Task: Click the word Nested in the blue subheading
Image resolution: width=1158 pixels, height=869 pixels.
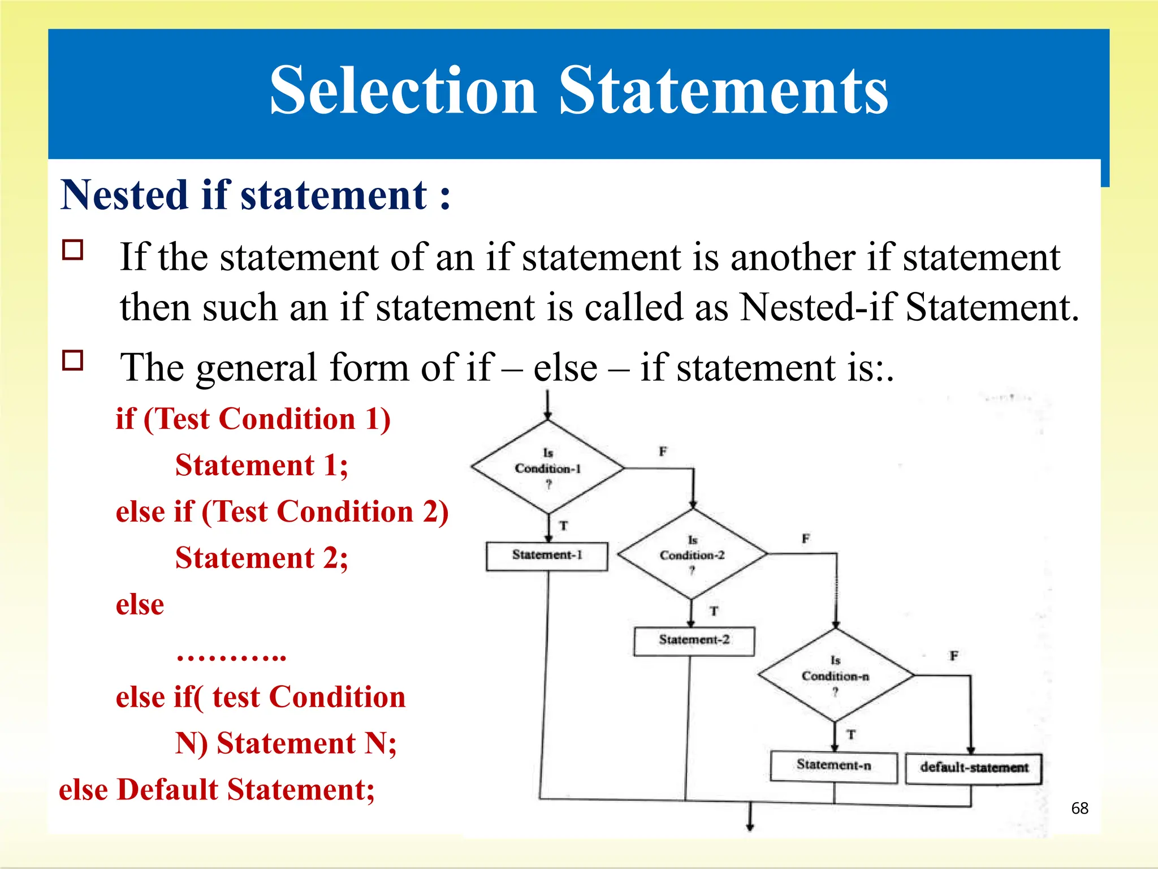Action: tap(124, 195)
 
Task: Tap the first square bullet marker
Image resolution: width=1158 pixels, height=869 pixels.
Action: tap(73, 249)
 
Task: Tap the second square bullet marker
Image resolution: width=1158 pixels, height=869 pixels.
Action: tap(73, 360)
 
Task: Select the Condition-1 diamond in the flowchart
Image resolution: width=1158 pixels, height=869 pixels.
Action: tap(547, 468)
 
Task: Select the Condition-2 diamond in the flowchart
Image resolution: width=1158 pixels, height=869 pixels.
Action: tap(692, 554)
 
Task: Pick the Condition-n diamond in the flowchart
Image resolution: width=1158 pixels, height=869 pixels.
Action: tap(835, 676)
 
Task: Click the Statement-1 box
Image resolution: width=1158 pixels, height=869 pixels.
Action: tap(547, 556)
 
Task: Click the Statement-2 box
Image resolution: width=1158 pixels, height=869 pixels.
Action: tap(694, 640)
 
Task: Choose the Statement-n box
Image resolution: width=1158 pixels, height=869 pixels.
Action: tap(833, 766)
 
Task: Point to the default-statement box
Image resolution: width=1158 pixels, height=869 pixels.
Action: tap(974, 768)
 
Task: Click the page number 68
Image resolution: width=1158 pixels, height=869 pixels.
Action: tap(1079, 808)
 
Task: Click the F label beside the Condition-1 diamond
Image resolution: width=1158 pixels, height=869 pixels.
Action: tap(663, 451)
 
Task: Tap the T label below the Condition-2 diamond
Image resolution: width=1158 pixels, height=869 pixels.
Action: tap(714, 611)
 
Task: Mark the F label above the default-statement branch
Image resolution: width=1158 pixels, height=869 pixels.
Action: tap(954, 656)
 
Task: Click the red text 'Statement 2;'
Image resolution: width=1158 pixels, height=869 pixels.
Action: tap(261, 558)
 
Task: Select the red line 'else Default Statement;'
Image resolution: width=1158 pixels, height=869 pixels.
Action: tap(217, 790)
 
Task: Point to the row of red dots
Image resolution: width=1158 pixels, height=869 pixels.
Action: tap(231, 657)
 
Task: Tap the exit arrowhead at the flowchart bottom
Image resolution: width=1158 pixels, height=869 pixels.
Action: tap(750, 827)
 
